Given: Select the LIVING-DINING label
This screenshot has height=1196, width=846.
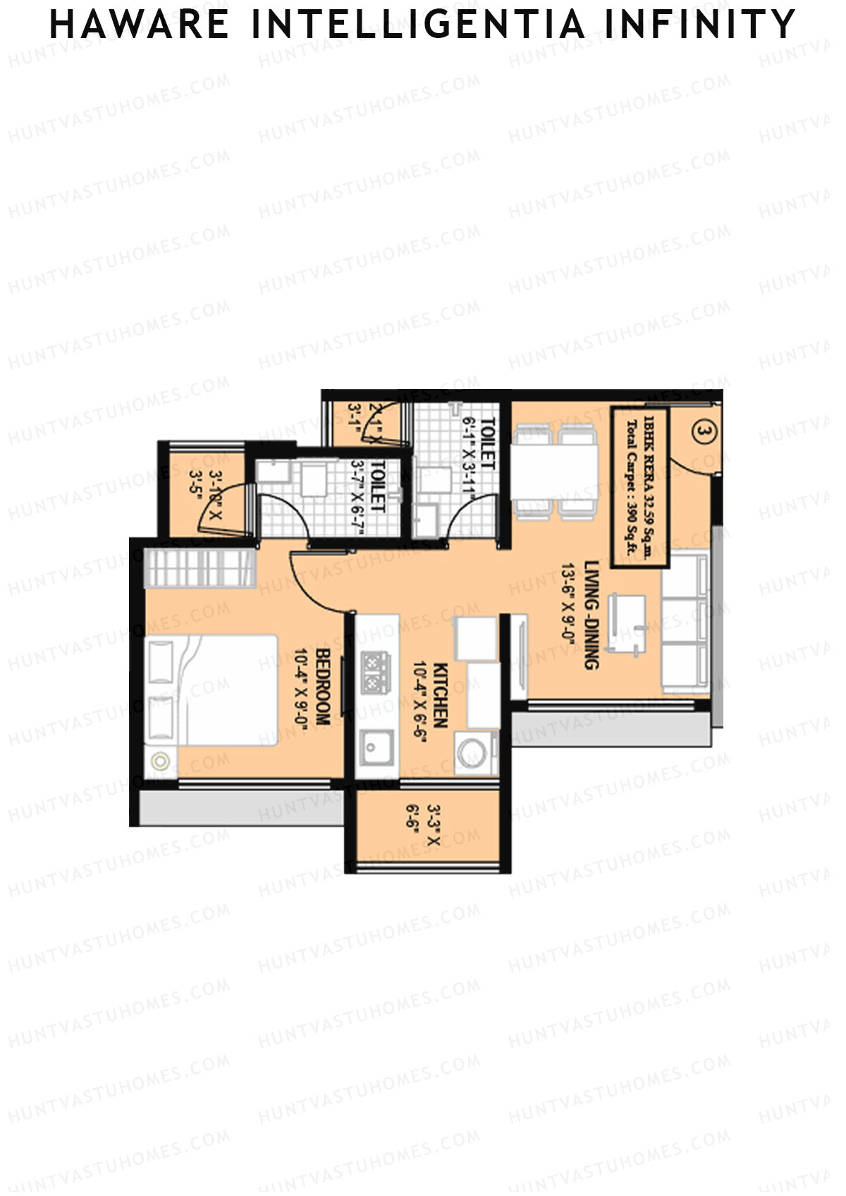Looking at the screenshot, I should pos(591,615).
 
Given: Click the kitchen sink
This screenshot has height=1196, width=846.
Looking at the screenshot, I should pos(375,746).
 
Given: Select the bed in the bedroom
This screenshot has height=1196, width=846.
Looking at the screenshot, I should pos(211,689).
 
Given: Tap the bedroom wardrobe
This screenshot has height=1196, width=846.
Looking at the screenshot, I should pos(200,568).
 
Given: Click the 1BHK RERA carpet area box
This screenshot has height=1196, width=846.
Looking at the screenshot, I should pos(639,487).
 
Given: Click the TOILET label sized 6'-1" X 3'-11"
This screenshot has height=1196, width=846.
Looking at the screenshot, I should pos(487,444).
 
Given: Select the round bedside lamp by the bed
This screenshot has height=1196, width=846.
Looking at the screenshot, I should pos(161,761).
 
